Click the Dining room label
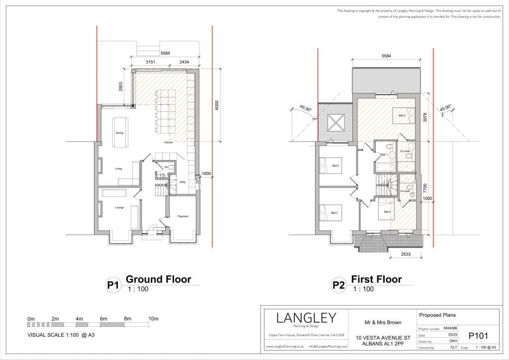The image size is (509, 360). (x=119, y=133)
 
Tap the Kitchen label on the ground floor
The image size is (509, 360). (x=169, y=143)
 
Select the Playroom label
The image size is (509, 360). (x=182, y=216)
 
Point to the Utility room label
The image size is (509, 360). (x=182, y=182)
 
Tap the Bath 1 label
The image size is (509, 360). (x=384, y=155)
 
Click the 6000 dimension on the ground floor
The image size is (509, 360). (x=217, y=105)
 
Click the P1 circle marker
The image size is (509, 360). (x=113, y=285)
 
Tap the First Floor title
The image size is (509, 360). (x=376, y=279)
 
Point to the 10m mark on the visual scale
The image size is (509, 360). (x=153, y=318)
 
